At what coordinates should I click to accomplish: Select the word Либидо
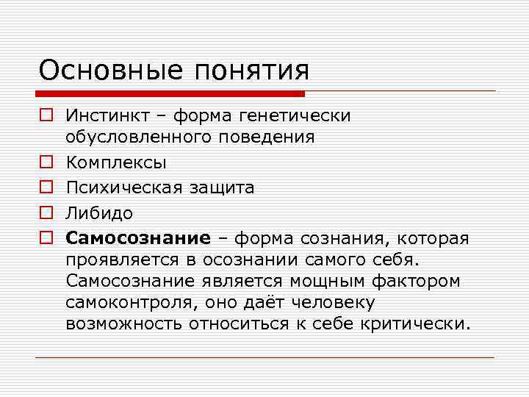[99, 213]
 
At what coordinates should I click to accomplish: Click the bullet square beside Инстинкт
[45, 115]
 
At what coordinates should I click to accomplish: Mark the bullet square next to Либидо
[45, 213]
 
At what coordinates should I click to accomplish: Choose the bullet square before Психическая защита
[45, 187]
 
